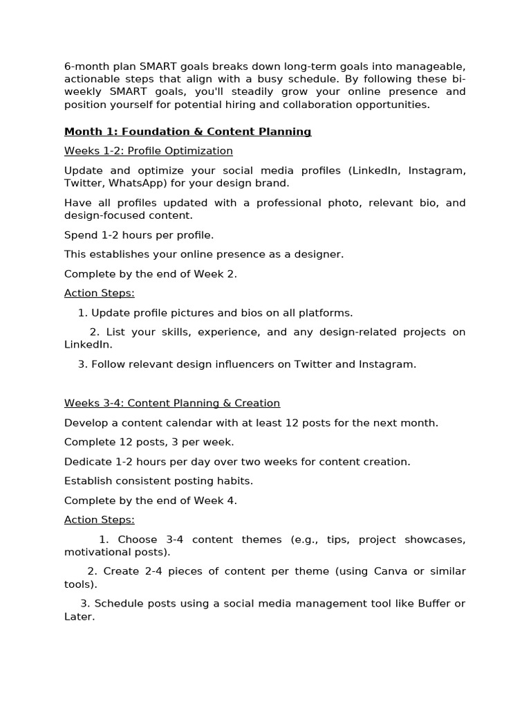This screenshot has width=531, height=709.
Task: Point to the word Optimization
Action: (200, 151)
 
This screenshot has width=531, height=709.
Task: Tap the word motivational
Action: (94, 552)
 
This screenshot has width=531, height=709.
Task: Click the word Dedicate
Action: (89, 461)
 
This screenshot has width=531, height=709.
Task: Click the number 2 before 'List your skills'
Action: (94, 332)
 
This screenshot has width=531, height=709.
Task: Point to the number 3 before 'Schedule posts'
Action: (84, 603)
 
